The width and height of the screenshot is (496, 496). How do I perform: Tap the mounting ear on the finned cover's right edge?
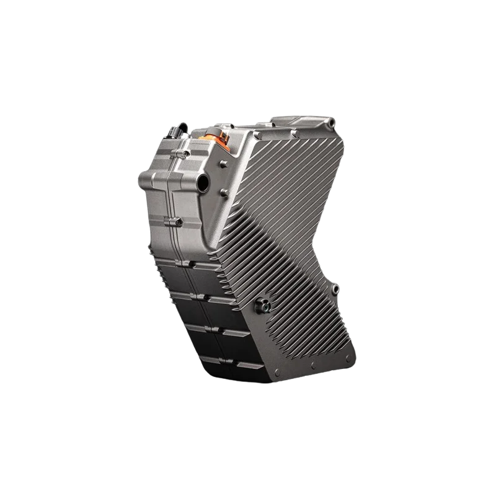point(336,289)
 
